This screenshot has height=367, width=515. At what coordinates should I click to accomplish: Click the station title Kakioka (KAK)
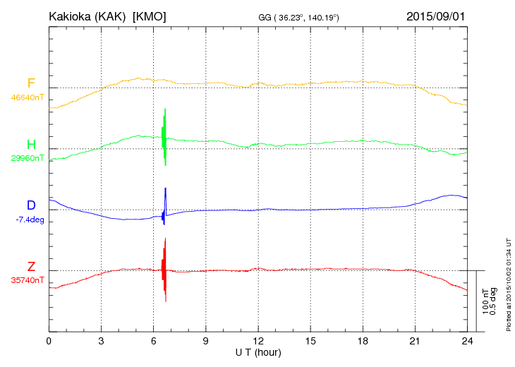point(84,16)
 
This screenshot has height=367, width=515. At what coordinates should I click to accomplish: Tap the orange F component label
point(31,83)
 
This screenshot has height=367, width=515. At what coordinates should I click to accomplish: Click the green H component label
point(31,145)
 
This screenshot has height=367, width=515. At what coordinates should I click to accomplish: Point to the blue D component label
point(31,205)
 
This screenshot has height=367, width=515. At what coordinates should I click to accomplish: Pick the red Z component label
point(31,267)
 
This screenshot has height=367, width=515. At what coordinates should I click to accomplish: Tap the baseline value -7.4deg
point(30,219)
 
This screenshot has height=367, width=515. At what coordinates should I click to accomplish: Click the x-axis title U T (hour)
point(258,352)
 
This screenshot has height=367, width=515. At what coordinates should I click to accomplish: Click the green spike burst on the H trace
point(164,138)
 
